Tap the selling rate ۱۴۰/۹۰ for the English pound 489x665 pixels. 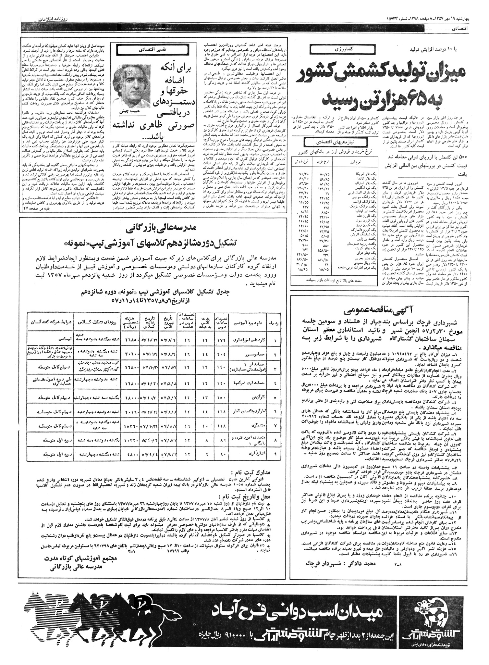(x=299, y=187)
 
